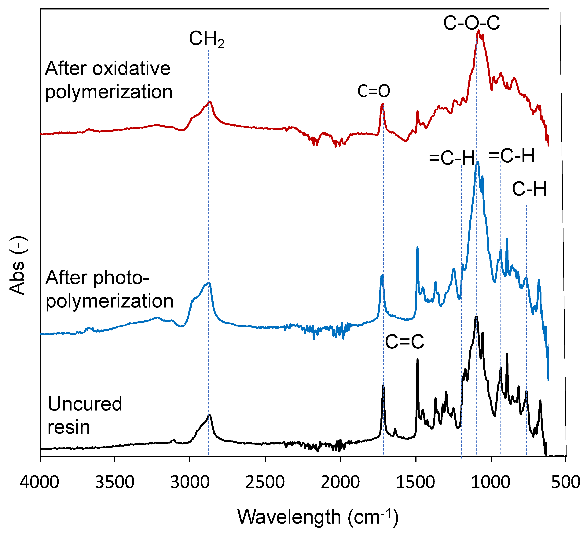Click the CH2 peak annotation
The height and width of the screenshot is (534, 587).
[207, 39]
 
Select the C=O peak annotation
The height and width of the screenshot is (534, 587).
[374, 91]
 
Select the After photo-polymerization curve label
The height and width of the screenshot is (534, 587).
[109, 289]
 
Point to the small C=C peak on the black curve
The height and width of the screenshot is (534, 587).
[395, 429]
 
